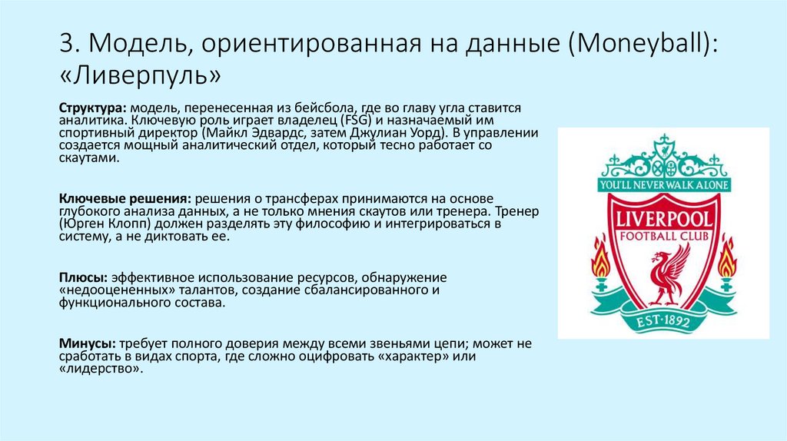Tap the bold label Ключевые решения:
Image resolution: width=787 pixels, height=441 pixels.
(120, 198)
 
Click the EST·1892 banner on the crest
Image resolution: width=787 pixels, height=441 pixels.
(662, 319)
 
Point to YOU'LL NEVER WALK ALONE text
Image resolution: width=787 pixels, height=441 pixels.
(663, 185)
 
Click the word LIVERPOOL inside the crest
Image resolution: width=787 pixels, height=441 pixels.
(662, 218)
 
